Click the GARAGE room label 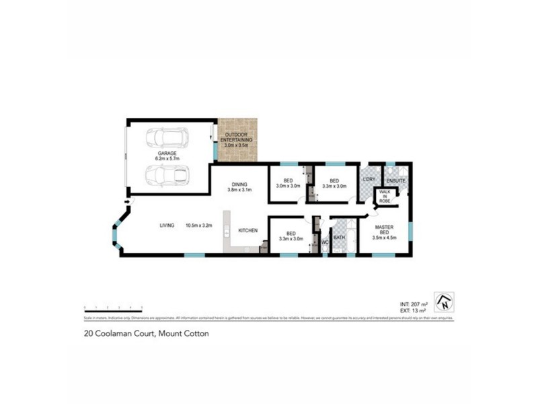(167, 154)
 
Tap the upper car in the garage (166, 137)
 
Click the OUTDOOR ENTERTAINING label (236, 139)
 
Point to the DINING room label (240, 184)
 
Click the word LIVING (167, 226)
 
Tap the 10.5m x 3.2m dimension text (199, 226)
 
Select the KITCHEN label (248, 231)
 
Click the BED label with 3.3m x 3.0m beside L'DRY (334, 180)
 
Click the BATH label (339, 237)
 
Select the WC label (323, 240)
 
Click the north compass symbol (444, 302)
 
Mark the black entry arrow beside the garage (126, 200)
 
